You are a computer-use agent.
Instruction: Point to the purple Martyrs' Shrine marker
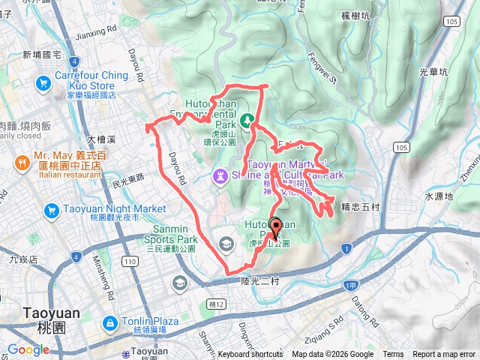coord(220,176)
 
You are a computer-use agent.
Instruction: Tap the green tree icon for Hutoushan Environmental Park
coord(247,118)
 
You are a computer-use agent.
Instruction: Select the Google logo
coord(28,349)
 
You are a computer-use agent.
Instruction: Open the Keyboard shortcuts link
coord(250,355)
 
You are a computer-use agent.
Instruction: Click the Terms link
coord(393,355)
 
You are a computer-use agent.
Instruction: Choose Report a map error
coord(444,355)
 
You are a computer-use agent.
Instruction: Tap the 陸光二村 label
coord(260,280)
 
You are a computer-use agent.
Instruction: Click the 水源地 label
coord(439,196)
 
